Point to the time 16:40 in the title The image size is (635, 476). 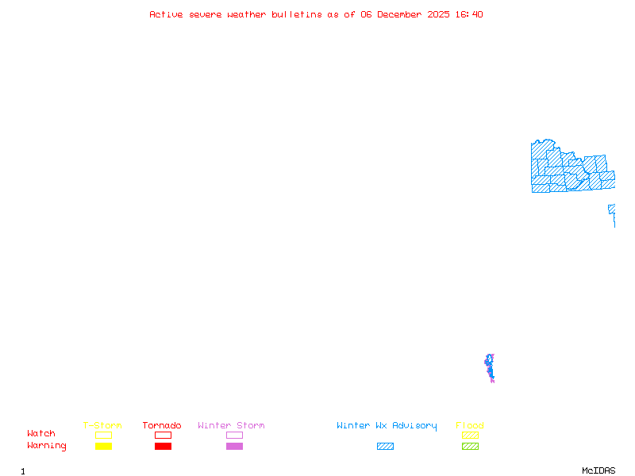[x=468, y=14]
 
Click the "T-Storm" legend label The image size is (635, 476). [x=102, y=426]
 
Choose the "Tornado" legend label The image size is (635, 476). [x=162, y=426]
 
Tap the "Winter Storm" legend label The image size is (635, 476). [x=231, y=426]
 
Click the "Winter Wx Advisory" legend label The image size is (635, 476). [x=387, y=426]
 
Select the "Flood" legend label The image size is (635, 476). [x=470, y=426]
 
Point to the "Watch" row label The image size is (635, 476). [x=41, y=434]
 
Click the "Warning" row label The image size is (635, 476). [x=47, y=446]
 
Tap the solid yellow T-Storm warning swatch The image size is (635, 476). [x=103, y=447]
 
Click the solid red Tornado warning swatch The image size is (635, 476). [x=163, y=447]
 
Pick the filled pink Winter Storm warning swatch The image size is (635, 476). [x=234, y=447]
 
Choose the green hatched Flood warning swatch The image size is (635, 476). [x=470, y=447]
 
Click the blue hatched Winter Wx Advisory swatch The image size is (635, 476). [x=385, y=447]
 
